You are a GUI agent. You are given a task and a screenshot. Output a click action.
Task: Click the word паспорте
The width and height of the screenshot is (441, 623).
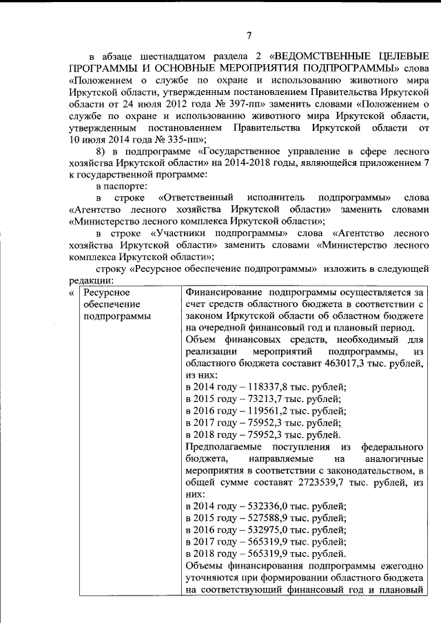[127, 187]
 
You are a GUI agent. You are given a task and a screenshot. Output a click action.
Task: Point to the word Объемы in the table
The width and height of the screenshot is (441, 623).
[205, 567]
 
